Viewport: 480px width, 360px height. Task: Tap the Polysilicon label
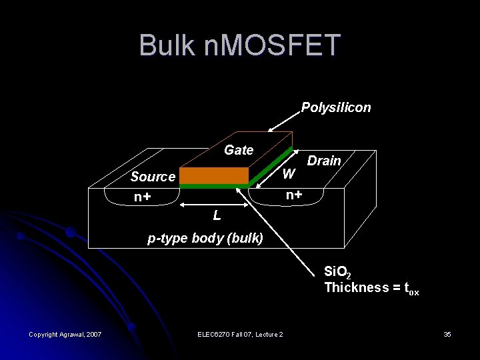336,107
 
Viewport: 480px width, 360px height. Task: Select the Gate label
239,150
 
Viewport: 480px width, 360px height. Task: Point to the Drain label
324,161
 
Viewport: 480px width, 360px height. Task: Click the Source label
153,177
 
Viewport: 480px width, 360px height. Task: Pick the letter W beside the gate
289,175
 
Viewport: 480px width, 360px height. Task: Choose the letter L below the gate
217,215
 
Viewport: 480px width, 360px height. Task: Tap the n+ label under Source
142,197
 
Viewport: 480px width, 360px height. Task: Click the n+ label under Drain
294,195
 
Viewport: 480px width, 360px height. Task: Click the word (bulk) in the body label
246,238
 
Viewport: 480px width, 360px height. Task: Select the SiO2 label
337,272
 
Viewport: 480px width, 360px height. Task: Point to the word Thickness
357,287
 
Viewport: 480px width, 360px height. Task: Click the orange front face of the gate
214,175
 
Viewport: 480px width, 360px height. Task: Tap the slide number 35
447,334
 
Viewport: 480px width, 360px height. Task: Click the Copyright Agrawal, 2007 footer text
65,334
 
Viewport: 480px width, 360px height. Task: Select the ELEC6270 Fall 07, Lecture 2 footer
241,334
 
